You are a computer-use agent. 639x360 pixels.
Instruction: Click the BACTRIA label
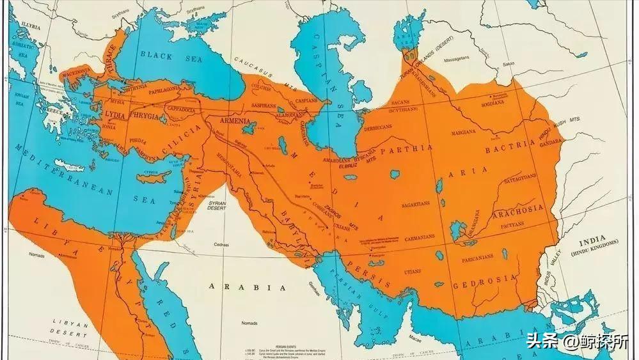click(510, 146)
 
